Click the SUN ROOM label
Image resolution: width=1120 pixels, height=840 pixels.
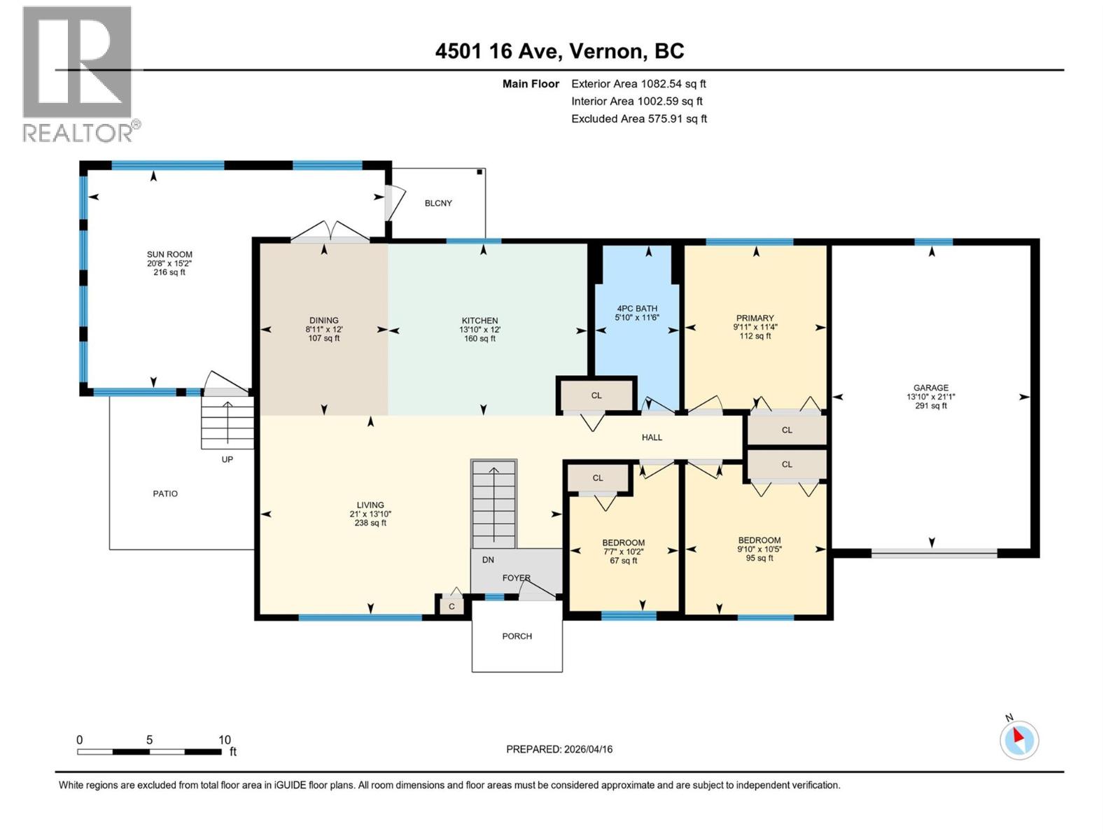(169, 255)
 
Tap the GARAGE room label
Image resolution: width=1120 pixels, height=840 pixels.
(930, 388)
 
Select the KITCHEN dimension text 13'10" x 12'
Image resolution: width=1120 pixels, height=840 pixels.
(479, 330)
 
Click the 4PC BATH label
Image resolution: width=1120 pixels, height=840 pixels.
(636, 309)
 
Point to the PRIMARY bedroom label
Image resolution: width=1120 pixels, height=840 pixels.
(755, 318)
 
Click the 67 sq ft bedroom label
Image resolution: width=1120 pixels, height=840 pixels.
(623, 543)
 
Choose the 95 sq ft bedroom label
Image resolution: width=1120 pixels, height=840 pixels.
(759, 540)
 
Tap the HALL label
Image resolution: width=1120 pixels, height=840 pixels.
(652, 437)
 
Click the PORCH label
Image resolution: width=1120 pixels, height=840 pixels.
(517, 636)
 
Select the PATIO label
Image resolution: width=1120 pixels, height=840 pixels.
(165, 493)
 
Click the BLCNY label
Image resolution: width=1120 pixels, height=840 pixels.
(438, 203)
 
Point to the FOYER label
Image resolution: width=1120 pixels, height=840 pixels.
(517, 578)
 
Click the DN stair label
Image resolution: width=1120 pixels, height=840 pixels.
(488, 560)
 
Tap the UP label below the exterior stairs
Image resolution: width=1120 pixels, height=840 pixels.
(227, 460)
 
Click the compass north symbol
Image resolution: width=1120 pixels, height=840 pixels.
(1018, 740)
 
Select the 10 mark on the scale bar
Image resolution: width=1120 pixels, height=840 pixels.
(225, 740)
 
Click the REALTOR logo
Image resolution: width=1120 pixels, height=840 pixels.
(78, 73)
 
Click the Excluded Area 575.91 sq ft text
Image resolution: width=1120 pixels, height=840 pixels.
(638, 119)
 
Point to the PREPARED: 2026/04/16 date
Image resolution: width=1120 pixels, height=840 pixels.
(559, 749)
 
